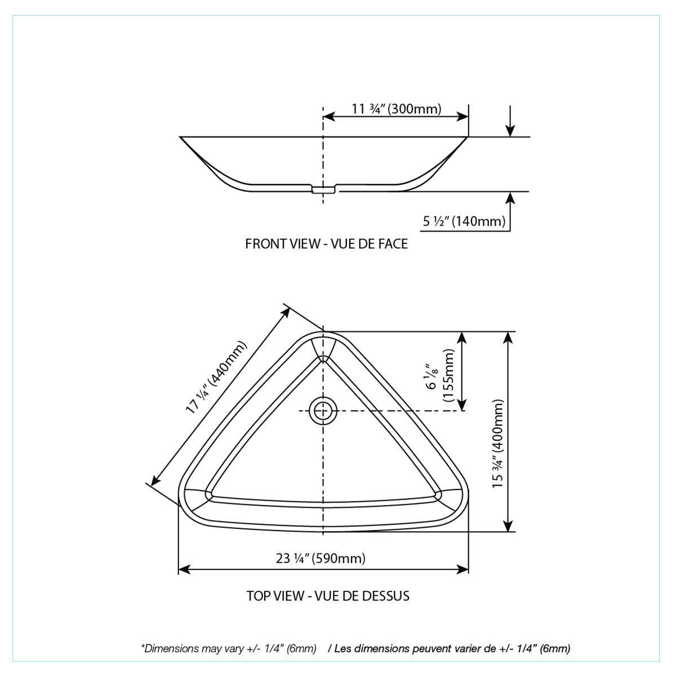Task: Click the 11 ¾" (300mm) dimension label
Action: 396,108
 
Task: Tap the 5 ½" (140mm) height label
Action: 464,221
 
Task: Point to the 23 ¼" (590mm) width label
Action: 321,558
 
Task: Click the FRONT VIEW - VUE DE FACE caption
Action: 326,244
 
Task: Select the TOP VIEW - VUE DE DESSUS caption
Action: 327,595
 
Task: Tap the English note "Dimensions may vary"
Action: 229,648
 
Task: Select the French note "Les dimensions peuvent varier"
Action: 452,648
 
